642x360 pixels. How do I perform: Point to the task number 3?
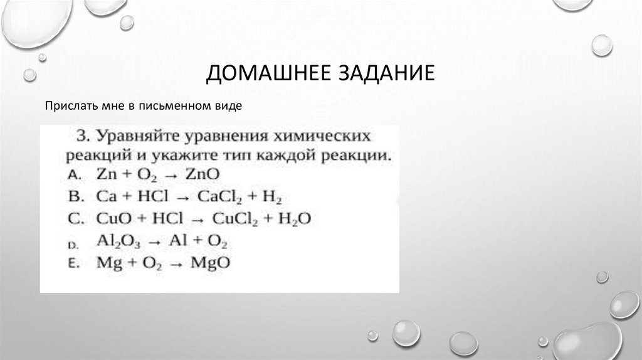82,135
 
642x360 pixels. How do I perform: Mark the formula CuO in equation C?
112,219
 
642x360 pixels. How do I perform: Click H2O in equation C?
293,219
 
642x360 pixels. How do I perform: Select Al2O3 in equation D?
115,241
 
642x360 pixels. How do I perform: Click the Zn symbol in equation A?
105,175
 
